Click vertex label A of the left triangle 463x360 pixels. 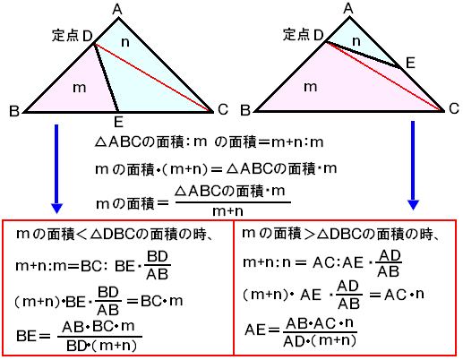[x=117, y=10]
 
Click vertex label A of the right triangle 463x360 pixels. [x=348, y=8]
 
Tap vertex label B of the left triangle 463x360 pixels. [x=14, y=111]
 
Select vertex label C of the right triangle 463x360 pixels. [x=454, y=108]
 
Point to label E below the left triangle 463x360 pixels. [x=118, y=122]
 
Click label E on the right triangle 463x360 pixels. [x=410, y=63]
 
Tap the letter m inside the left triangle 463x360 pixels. [x=80, y=88]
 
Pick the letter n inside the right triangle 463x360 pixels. [x=356, y=41]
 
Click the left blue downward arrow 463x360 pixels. [x=56, y=169]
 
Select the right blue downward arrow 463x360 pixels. [x=413, y=166]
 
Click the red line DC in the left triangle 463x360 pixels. [x=152, y=78]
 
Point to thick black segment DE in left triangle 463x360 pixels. [x=107, y=78]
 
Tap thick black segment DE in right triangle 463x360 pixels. [x=364, y=56]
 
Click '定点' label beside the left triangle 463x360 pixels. [x=65, y=36]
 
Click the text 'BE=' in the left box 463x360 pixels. [x=33, y=336]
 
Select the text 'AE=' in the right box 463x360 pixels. [x=262, y=330]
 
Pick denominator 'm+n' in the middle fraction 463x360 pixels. [x=227, y=211]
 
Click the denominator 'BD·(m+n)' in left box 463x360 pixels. [x=101, y=346]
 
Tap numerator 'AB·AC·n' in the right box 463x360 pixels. [x=320, y=323]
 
